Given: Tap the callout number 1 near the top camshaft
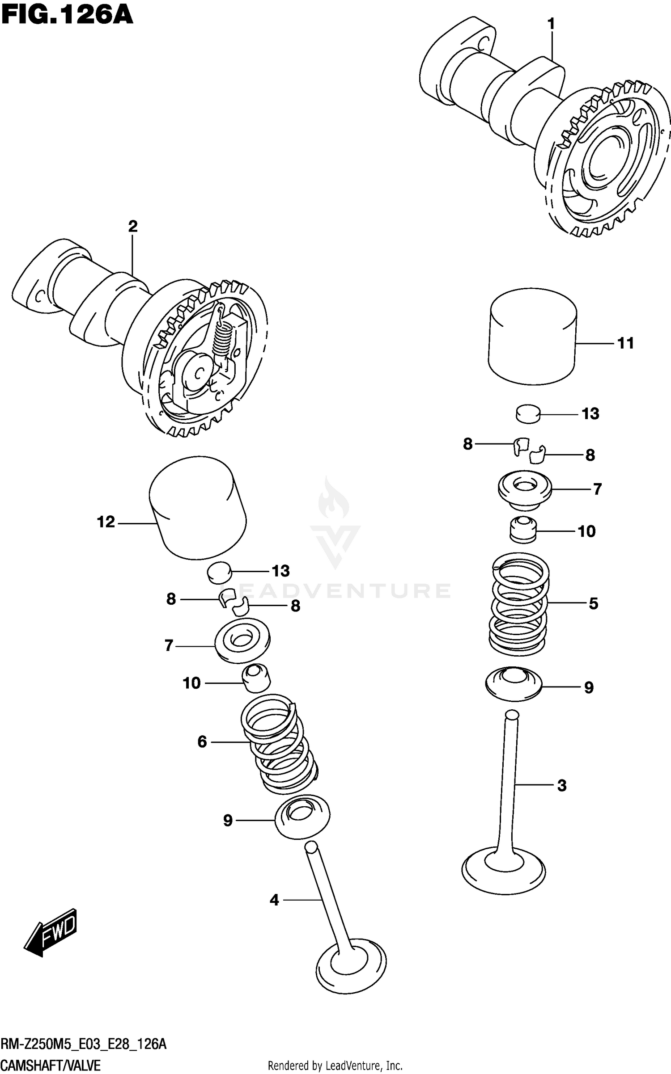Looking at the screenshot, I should [x=551, y=24].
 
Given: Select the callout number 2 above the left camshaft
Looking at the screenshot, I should [x=132, y=227].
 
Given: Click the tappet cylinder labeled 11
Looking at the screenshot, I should [x=532, y=336].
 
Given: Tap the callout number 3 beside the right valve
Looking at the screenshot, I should [x=562, y=785].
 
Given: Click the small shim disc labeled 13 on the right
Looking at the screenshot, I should [x=528, y=413].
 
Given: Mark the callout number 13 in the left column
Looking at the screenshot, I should [x=281, y=571].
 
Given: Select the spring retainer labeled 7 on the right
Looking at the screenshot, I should [x=525, y=489].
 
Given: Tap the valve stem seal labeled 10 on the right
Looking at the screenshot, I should [x=523, y=530].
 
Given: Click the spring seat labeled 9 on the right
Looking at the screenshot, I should [x=514, y=685].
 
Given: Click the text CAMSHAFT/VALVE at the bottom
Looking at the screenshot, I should [x=51, y=1065].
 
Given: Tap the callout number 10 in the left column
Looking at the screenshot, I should [x=191, y=683].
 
